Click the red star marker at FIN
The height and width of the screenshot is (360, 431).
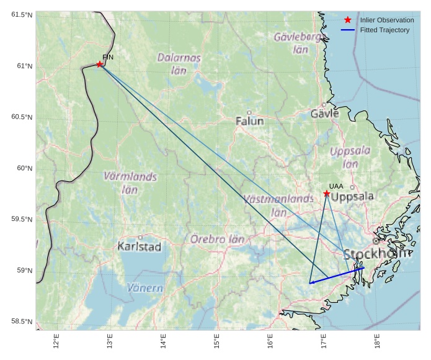pyautogui.click(x=99, y=64)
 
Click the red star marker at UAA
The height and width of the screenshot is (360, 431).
pyautogui.click(x=326, y=194)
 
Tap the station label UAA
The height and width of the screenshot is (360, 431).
pyautogui.click(x=336, y=186)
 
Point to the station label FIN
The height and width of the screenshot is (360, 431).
pyautogui.click(x=108, y=57)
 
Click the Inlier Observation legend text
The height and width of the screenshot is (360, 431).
pyautogui.click(x=386, y=20)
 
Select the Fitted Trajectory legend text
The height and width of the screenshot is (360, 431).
pyautogui.click(x=384, y=30)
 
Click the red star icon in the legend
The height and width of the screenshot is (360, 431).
pyautogui.click(x=347, y=20)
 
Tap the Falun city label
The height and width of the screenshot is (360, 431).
pyautogui.click(x=249, y=121)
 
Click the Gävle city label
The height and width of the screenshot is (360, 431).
pyautogui.click(x=324, y=114)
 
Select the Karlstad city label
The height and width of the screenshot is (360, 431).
pyautogui.click(x=139, y=246)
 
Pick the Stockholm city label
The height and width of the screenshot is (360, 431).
pyautogui.click(x=376, y=254)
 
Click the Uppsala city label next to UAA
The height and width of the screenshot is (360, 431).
pyautogui.click(x=352, y=197)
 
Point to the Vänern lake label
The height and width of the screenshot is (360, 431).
pyautogui.click(x=145, y=288)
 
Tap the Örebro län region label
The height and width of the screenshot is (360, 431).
pyautogui.click(x=217, y=238)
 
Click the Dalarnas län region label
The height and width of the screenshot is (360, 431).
pyautogui.click(x=179, y=63)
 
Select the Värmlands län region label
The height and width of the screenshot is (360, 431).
pyautogui.click(x=130, y=183)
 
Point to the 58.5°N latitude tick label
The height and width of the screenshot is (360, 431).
pyautogui.click(x=21, y=322)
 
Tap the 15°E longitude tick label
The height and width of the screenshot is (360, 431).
pyautogui.click(x=216, y=343)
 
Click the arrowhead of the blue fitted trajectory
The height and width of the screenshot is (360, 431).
pyautogui.click(x=311, y=282)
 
